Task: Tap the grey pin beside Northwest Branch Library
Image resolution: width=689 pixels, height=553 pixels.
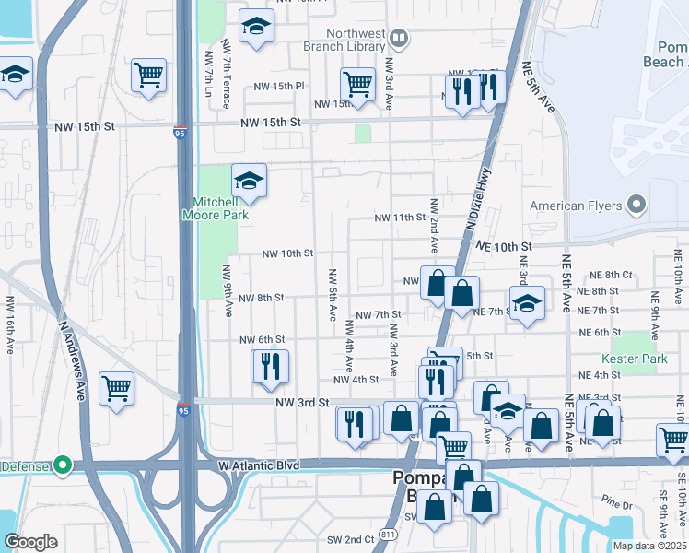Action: pos(399,39)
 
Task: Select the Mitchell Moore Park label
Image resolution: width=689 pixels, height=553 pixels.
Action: pos(221,208)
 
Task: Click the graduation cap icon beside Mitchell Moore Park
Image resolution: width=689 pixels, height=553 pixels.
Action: pos(249,182)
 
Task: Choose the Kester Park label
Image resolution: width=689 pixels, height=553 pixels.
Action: pos(634,359)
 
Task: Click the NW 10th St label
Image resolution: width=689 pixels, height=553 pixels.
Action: pos(287,253)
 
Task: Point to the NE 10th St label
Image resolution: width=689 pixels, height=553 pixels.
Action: pos(505,247)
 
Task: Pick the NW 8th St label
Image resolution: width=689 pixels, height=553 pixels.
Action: pos(261,298)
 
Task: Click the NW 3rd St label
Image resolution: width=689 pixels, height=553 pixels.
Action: pos(301,403)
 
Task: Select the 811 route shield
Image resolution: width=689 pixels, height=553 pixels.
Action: pos(389,534)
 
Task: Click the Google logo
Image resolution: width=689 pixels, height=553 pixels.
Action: pos(30,542)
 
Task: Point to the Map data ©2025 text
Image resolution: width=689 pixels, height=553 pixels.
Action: pos(649,546)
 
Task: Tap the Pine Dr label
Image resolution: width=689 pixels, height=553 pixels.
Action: pos(613,502)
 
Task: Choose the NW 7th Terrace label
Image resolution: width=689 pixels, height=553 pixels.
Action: pos(226,75)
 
